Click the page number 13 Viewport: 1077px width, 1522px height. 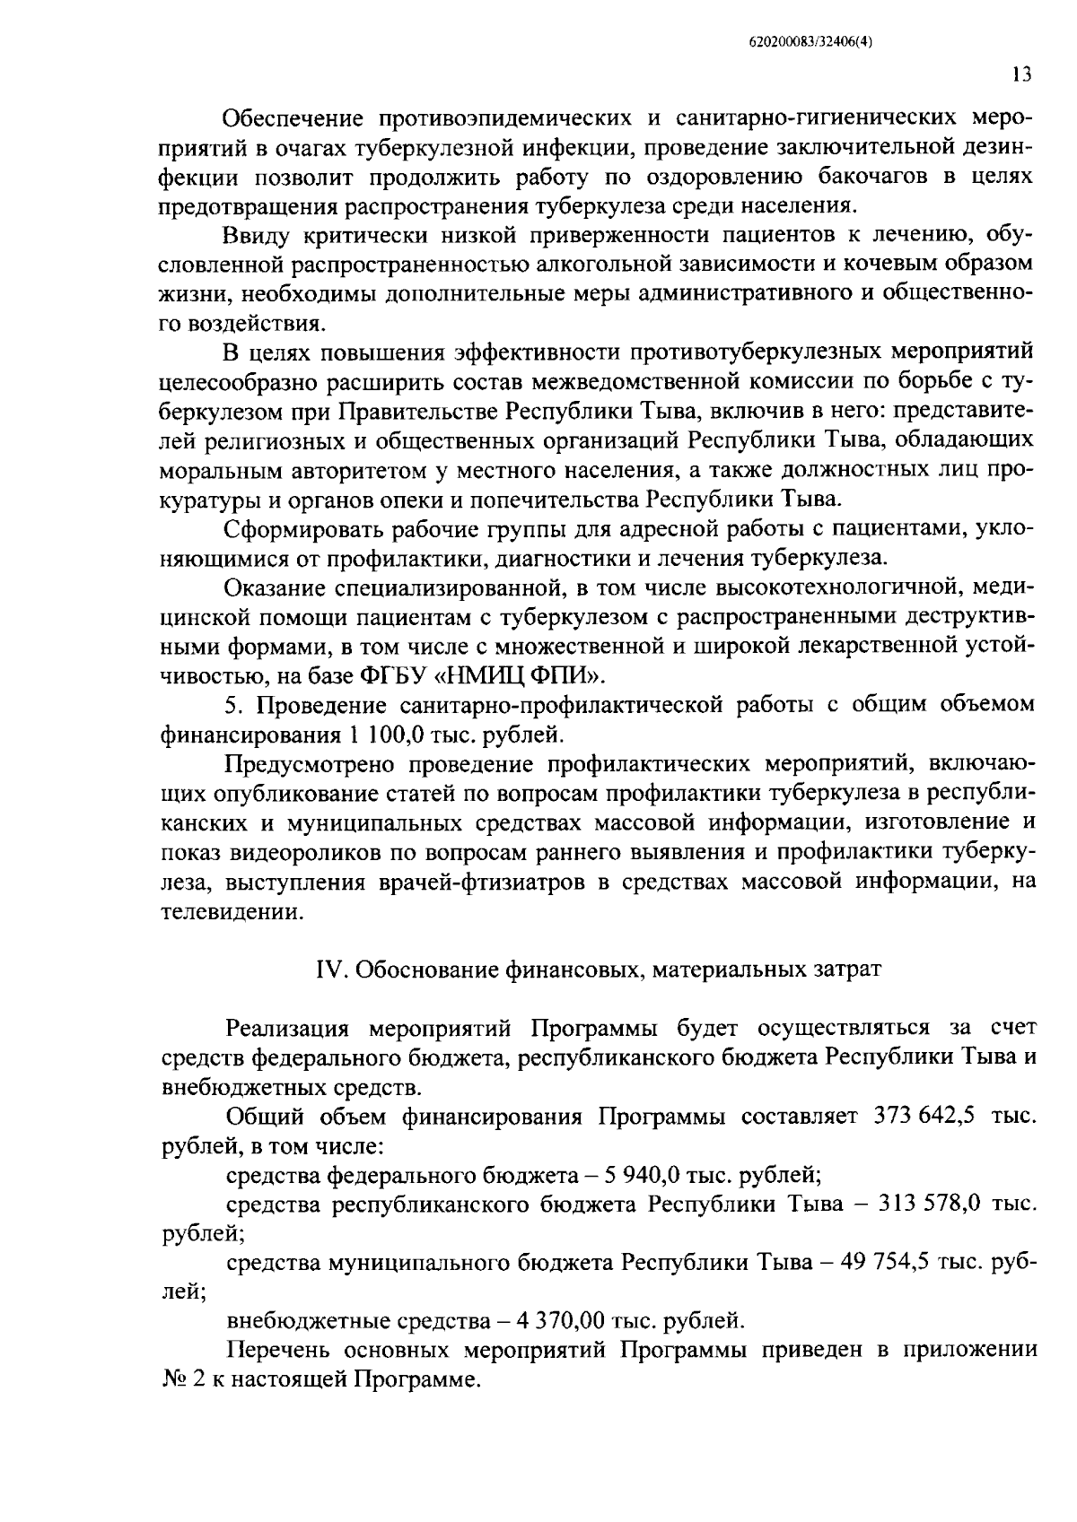coord(1020,75)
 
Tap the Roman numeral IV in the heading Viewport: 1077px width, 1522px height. coord(328,970)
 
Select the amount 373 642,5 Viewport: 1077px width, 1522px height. coord(918,1118)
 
